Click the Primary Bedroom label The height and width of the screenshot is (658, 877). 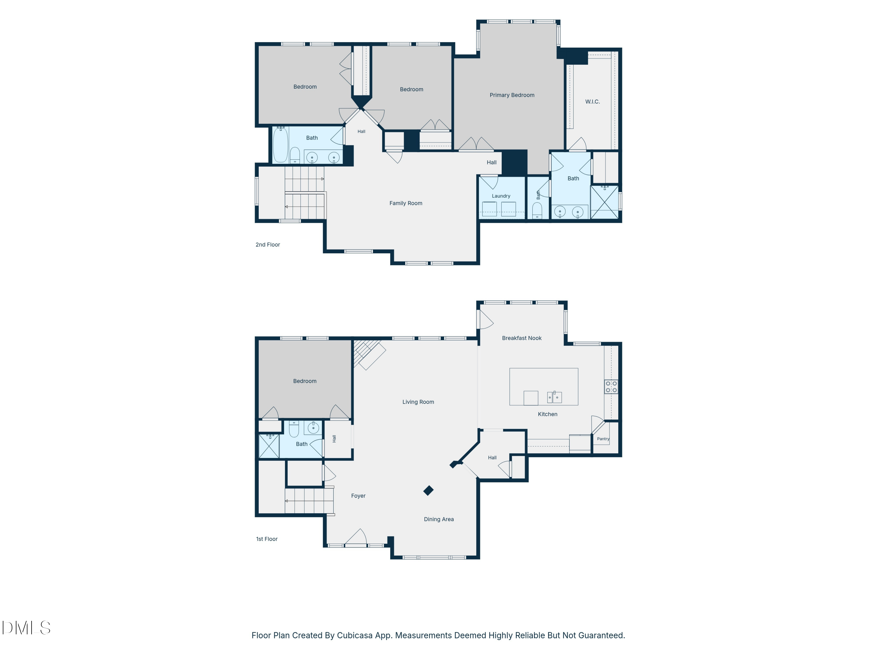point(512,95)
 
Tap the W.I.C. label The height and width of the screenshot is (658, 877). point(592,101)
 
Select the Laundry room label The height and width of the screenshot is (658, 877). point(501,196)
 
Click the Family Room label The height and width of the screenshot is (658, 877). point(405,203)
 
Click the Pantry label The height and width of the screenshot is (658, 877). point(603,439)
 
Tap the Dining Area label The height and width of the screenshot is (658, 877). point(438,519)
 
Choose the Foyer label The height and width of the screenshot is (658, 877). point(358,496)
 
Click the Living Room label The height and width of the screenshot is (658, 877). point(418,402)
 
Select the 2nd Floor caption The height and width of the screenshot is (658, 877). point(267,245)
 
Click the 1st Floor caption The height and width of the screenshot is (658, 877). point(267,539)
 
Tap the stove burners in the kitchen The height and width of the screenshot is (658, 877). point(611,387)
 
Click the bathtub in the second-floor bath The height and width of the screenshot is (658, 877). point(280,145)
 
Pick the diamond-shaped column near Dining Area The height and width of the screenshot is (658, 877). point(428,491)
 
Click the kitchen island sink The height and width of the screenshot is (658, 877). point(554,397)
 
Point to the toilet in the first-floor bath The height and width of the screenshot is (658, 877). point(294,429)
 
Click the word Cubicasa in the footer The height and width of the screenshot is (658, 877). point(355,635)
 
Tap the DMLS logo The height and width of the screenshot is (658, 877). point(26,628)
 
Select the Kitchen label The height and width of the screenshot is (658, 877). point(548,414)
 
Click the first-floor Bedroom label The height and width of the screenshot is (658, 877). point(305,381)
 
